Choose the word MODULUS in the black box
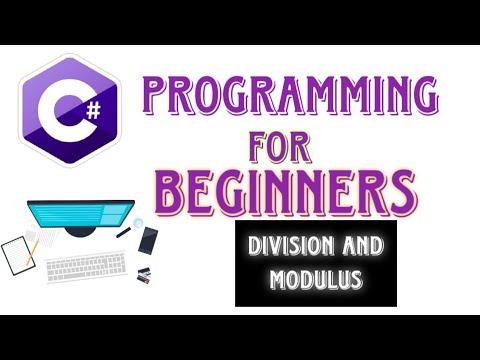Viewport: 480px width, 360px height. coord(316,279)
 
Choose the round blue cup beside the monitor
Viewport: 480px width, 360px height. coord(135,222)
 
